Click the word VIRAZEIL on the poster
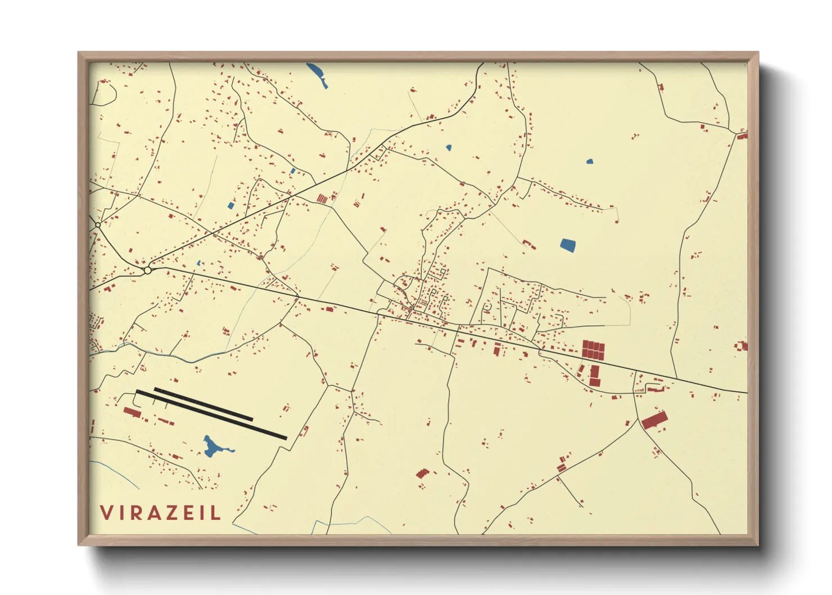(x=160, y=512)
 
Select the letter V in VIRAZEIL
(x=106, y=512)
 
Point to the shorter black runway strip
(x=203, y=403)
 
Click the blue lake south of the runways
(x=212, y=447)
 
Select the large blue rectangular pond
(x=568, y=245)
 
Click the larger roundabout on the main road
(x=147, y=271)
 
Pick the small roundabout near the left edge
(x=98, y=225)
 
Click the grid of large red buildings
(x=593, y=350)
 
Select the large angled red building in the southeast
(x=654, y=420)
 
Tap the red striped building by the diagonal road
(x=322, y=199)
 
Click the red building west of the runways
(x=132, y=413)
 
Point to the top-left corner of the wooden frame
(x=79, y=53)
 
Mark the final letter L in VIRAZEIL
(x=217, y=512)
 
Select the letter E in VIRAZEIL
(x=192, y=512)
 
